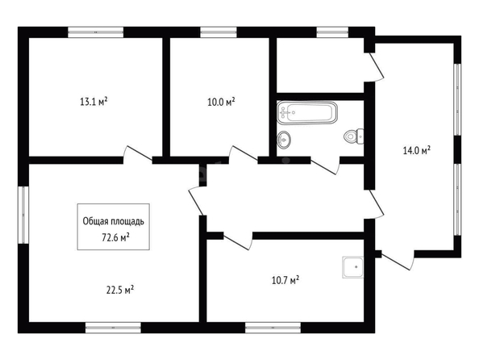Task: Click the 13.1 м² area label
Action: point(94,102)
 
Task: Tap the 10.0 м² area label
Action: point(221,102)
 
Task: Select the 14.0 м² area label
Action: point(417,150)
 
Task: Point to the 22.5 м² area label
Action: point(119,290)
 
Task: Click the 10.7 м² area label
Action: point(285,280)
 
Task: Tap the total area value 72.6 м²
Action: point(115,237)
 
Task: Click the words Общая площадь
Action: point(114,221)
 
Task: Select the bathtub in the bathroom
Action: point(307,113)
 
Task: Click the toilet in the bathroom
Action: point(354,136)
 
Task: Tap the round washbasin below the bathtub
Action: point(284,140)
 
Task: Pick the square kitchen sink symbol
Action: point(353,267)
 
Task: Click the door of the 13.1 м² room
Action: point(137,153)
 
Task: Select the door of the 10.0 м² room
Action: point(244,153)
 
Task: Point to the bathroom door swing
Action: point(325,165)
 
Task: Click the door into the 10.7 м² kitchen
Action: point(238,241)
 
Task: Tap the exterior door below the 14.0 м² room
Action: point(398,260)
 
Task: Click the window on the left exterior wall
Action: point(23,215)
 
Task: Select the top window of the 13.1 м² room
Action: point(96,32)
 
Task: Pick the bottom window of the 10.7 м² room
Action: point(273,328)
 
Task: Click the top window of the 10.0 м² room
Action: point(219,32)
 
